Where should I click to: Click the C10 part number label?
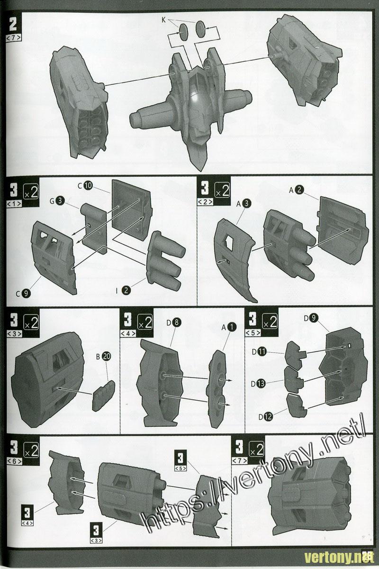[x=85, y=186]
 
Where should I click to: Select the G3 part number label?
[x=56, y=201]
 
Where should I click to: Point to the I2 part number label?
[x=123, y=290]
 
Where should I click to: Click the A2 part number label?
[x=296, y=190]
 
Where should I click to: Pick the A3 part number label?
[x=244, y=203]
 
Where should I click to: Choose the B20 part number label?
[x=104, y=357]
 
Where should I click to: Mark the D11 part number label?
[x=259, y=352]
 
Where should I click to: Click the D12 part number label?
[x=266, y=417]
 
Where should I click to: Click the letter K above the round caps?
[x=164, y=20]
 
